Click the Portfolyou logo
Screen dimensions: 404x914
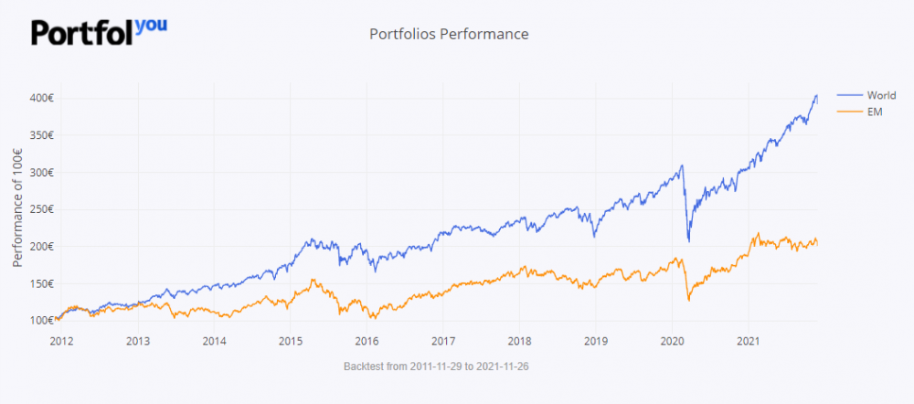coord(99,31)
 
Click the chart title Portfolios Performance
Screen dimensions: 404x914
coord(449,34)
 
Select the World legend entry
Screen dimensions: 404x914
coord(875,95)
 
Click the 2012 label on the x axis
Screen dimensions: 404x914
coord(61,341)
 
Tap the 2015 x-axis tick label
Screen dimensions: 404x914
coord(290,341)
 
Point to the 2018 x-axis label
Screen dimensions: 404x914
coord(519,341)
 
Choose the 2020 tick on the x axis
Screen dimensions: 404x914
coord(672,341)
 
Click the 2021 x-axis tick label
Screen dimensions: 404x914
coord(749,341)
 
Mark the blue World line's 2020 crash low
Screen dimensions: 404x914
coord(688,241)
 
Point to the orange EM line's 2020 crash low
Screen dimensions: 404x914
coord(688,300)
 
